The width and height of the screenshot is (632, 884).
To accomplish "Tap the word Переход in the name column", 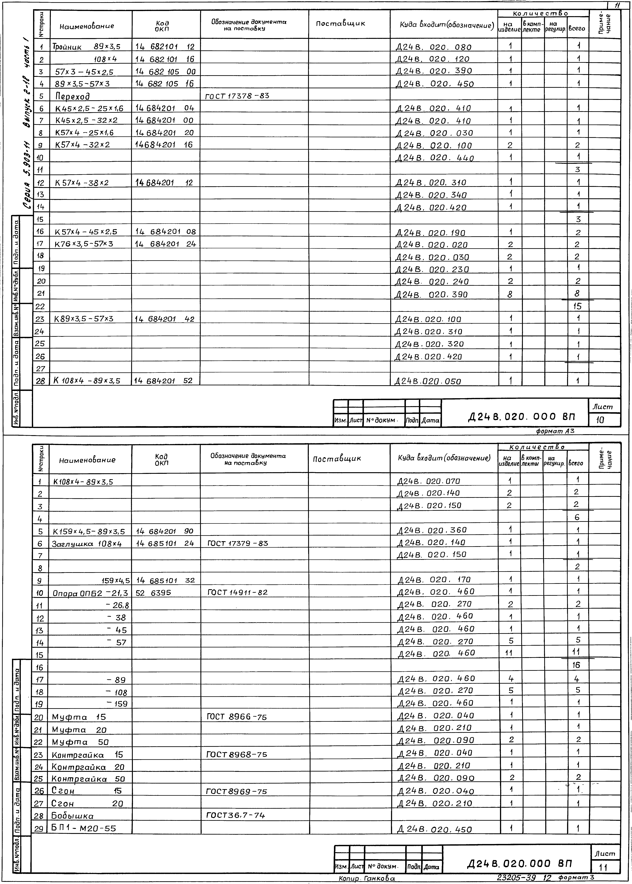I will tap(72, 96).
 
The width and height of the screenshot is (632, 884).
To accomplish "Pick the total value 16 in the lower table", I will tap(576, 666).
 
